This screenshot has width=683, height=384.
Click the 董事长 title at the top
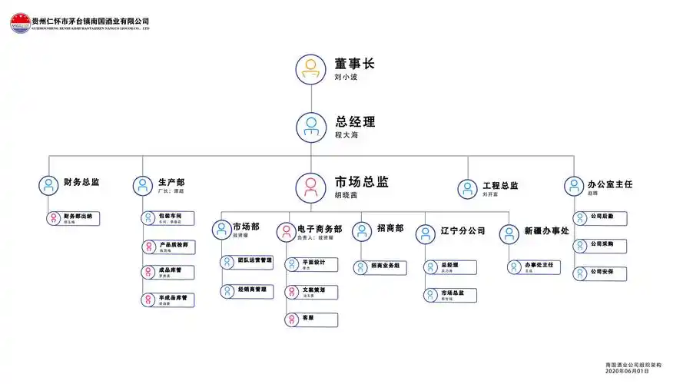pos(354,64)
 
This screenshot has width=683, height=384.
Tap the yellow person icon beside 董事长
pos(311,69)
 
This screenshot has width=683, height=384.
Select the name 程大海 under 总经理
pos(346,135)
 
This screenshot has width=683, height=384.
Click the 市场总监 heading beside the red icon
pos(361,182)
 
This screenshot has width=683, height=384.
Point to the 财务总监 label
pos(81,183)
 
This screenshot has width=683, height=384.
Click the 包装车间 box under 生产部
pos(167,218)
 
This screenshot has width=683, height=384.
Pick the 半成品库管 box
pos(167,300)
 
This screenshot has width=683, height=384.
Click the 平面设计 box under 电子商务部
pos(310,263)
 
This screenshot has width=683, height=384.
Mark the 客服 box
pos(310,319)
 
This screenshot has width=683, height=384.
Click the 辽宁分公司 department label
pos(463,230)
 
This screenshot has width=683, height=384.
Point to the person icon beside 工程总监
pos(467,189)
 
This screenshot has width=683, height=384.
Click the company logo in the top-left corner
pos(20,24)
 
